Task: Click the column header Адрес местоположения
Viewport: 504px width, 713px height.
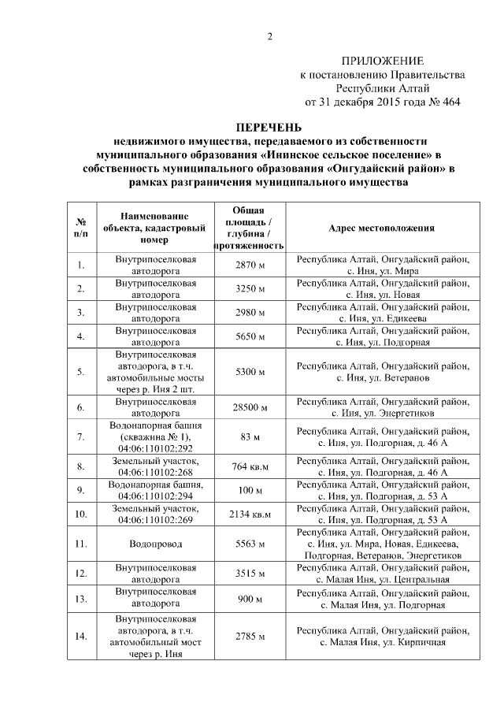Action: [381, 228]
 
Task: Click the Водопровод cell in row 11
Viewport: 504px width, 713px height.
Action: [155, 544]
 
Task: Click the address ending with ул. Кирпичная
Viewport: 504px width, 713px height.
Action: [382, 642]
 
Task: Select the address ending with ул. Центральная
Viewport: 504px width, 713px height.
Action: [382, 581]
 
